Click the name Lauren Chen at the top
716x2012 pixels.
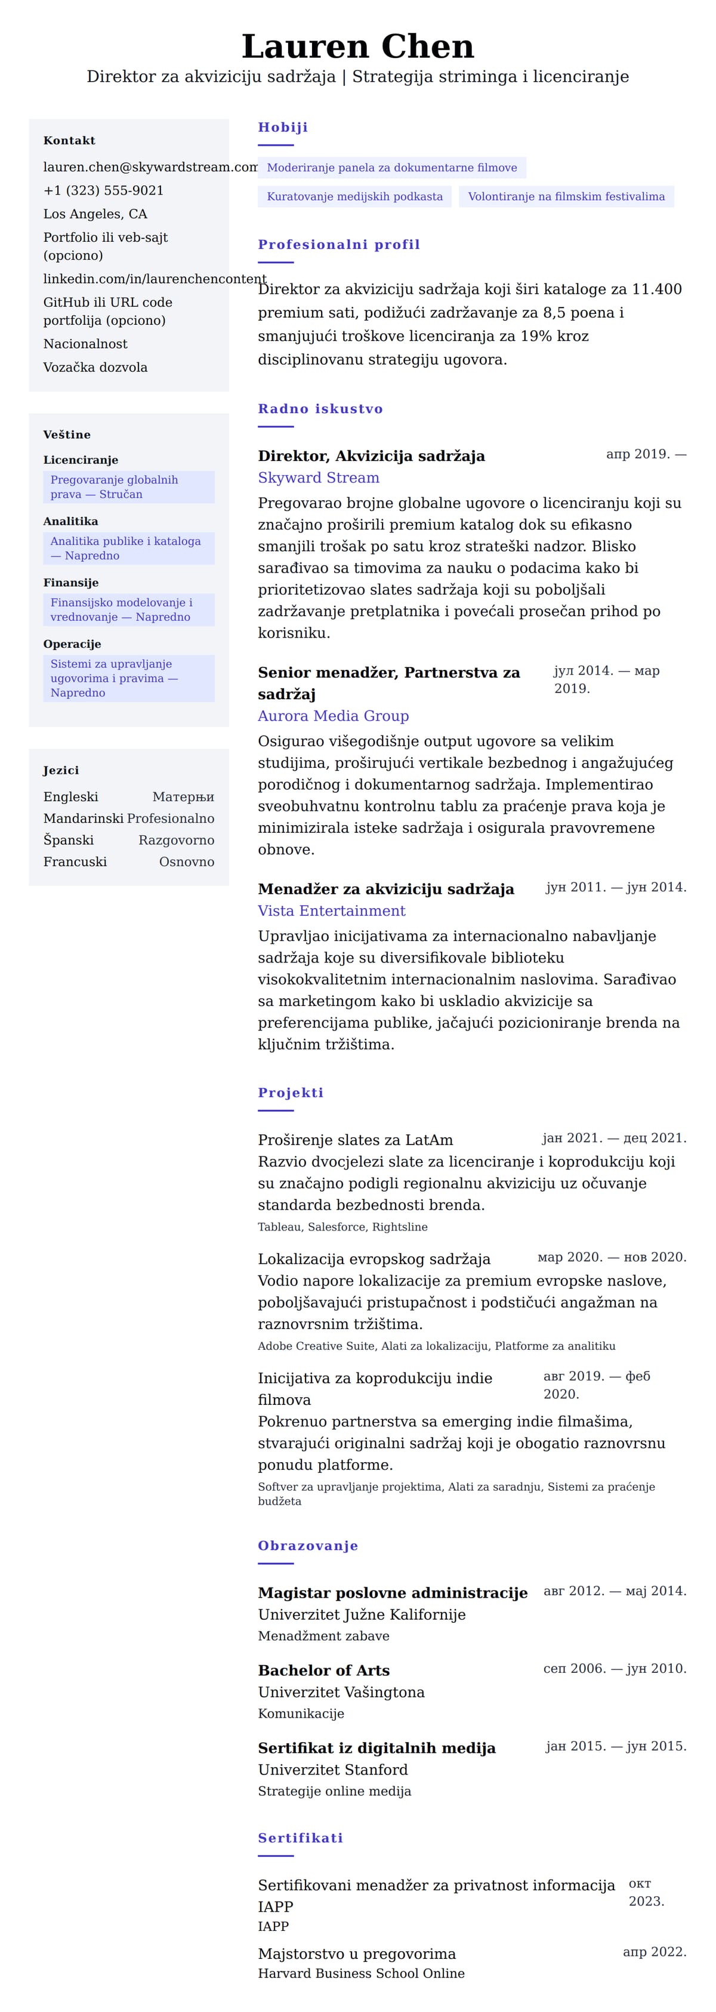pos(357,47)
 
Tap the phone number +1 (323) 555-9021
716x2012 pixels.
pos(103,190)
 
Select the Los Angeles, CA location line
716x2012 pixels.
pos(95,214)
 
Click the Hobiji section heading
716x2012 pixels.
pos(283,127)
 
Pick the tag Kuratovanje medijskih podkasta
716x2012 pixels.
pos(354,197)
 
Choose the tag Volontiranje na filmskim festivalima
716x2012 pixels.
pos(566,197)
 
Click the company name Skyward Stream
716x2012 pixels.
pos(319,478)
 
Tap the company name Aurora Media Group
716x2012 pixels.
pos(334,716)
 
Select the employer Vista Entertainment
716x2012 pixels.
pos(332,910)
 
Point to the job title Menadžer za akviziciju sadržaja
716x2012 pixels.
pos(385,889)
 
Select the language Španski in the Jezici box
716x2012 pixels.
pos(69,841)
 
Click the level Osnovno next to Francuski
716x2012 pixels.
pos(187,862)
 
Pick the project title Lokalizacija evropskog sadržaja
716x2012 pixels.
pos(374,1259)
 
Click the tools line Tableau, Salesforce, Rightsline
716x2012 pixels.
pos(342,1227)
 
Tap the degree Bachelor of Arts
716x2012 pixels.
pos(324,1670)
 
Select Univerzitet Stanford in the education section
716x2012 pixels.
pos(332,1770)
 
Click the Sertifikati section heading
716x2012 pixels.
pos(301,1838)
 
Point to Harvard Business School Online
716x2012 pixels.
pos(362,1974)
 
